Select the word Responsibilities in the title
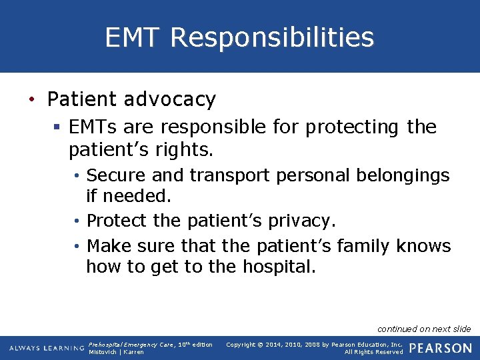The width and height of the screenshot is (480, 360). [x=272, y=37]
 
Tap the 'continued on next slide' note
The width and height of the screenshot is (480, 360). [x=424, y=329]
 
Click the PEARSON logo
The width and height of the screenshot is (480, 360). [x=441, y=348]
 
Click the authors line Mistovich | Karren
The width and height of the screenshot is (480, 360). [x=116, y=352]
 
